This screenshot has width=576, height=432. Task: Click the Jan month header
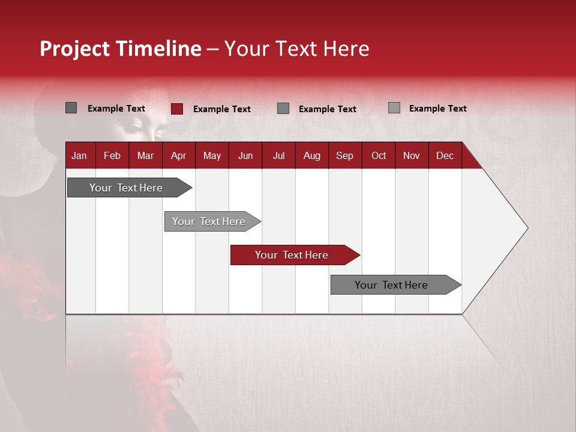(79, 156)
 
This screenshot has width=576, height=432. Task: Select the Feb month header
(112, 156)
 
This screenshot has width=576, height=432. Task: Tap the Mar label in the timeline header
(145, 156)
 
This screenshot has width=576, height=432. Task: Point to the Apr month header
(179, 156)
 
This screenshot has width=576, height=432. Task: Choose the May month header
(212, 156)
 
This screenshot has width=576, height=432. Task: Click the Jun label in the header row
(245, 156)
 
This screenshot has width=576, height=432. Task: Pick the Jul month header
(279, 156)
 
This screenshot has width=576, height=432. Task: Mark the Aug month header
(312, 156)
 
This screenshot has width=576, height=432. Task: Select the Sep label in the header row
(344, 156)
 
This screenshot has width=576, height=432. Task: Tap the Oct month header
(379, 156)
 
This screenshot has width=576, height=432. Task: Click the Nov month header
(412, 156)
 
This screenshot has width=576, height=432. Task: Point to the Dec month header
(445, 156)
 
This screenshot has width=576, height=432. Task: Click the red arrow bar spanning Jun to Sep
(295, 255)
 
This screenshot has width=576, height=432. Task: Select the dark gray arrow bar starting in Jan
(130, 187)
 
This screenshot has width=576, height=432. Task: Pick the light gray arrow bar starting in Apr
(212, 221)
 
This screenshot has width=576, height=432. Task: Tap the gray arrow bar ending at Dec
(396, 284)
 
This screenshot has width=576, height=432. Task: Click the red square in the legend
(177, 109)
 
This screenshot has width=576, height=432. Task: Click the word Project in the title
(74, 49)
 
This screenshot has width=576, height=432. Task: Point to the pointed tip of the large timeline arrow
(528, 228)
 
